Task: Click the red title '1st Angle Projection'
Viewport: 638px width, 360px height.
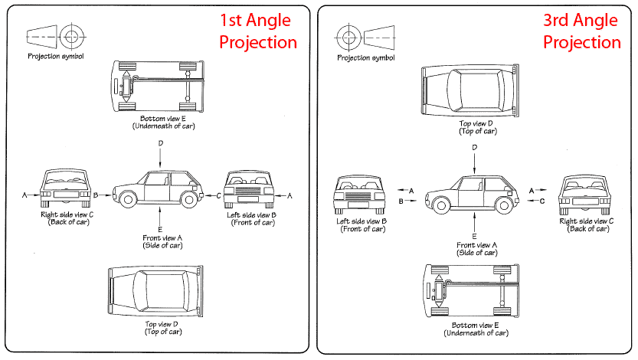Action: pyautogui.click(x=257, y=31)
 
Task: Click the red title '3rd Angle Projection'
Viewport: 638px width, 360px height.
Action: pyautogui.click(x=582, y=31)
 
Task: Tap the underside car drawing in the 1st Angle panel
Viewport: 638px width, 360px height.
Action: pyautogui.click(x=159, y=86)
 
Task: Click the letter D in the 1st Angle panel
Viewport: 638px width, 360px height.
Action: pyautogui.click(x=160, y=143)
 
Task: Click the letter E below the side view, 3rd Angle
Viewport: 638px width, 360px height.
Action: pyautogui.click(x=475, y=236)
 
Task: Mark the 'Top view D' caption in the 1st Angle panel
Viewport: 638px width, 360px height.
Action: pyautogui.click(x=162, y=328)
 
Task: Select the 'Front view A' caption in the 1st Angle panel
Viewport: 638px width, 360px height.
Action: pyautogui.click(x=162, y=241)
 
